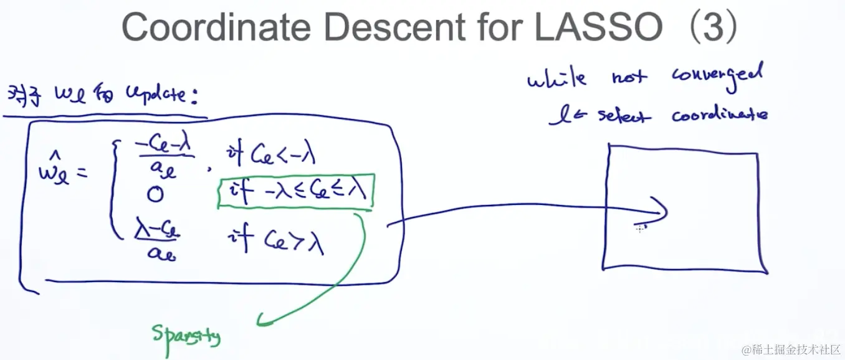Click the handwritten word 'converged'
[717, 76]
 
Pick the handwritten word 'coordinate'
[719, 115]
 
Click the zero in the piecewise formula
[155, 196]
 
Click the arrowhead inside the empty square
[661, 210]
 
